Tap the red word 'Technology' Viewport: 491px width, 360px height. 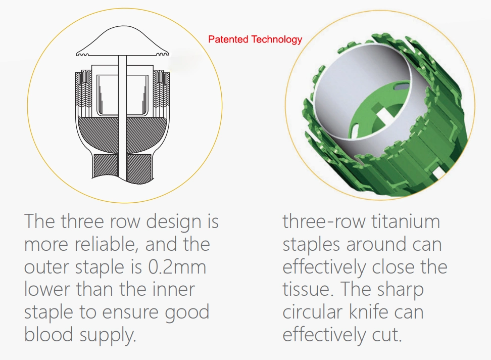pos(276,40)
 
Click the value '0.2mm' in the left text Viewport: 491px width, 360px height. pos(177,267)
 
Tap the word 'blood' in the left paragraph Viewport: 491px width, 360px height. pos(48,334)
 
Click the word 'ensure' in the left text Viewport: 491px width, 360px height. pos(131,312)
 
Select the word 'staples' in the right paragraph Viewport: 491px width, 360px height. pos(311,245)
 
